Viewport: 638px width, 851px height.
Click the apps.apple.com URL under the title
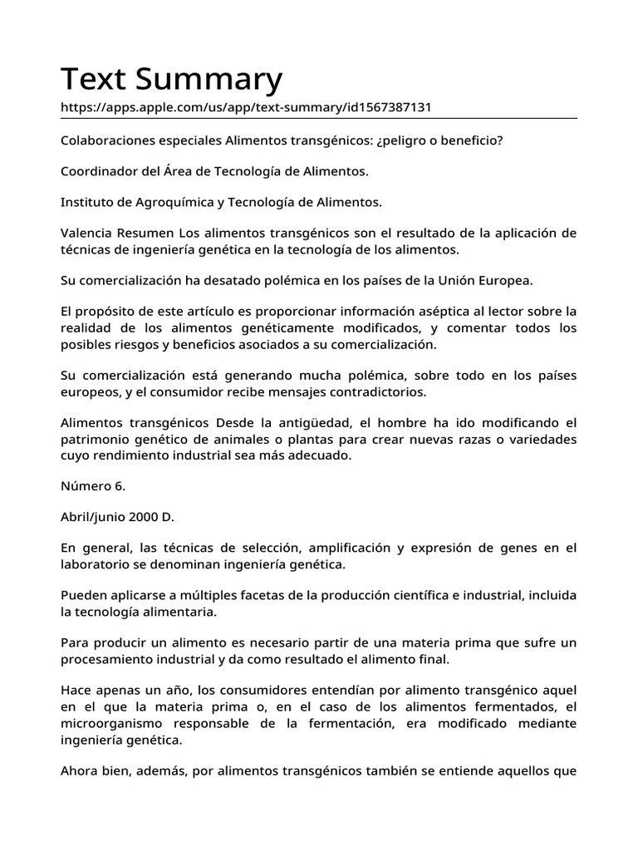(246, 108)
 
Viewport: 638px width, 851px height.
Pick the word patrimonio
(95, 438)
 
